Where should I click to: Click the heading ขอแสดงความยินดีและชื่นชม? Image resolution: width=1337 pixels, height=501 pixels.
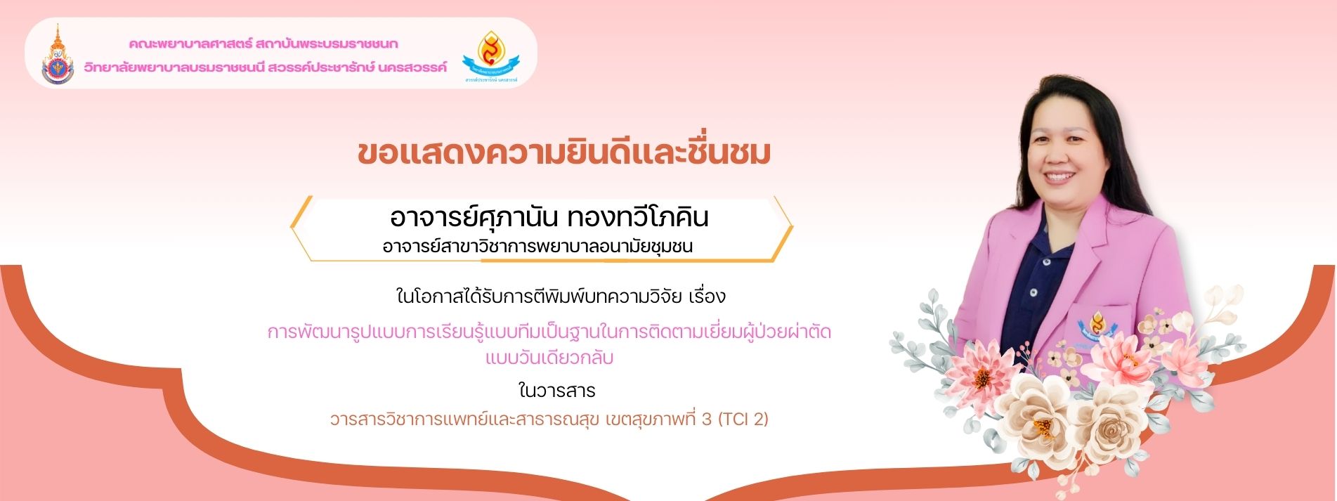click(x=564, y=153)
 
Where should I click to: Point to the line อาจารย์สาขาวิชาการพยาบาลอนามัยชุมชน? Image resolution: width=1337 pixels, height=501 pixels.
click(x=537, y=247)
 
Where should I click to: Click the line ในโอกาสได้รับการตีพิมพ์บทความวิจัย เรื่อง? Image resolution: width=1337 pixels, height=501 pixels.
click(x=561, y=296)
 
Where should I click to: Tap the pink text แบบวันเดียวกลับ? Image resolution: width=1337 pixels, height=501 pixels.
click(x=549, y=358)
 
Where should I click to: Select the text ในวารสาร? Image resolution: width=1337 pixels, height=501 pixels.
click(x=556, y=390)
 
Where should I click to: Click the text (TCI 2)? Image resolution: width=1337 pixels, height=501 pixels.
click(x=743, y=419)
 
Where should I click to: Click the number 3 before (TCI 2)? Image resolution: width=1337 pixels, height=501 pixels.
click(x=707, y=419)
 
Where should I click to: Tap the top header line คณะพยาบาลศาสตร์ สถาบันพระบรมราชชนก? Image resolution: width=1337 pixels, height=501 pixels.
click(x=263, y=44)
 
